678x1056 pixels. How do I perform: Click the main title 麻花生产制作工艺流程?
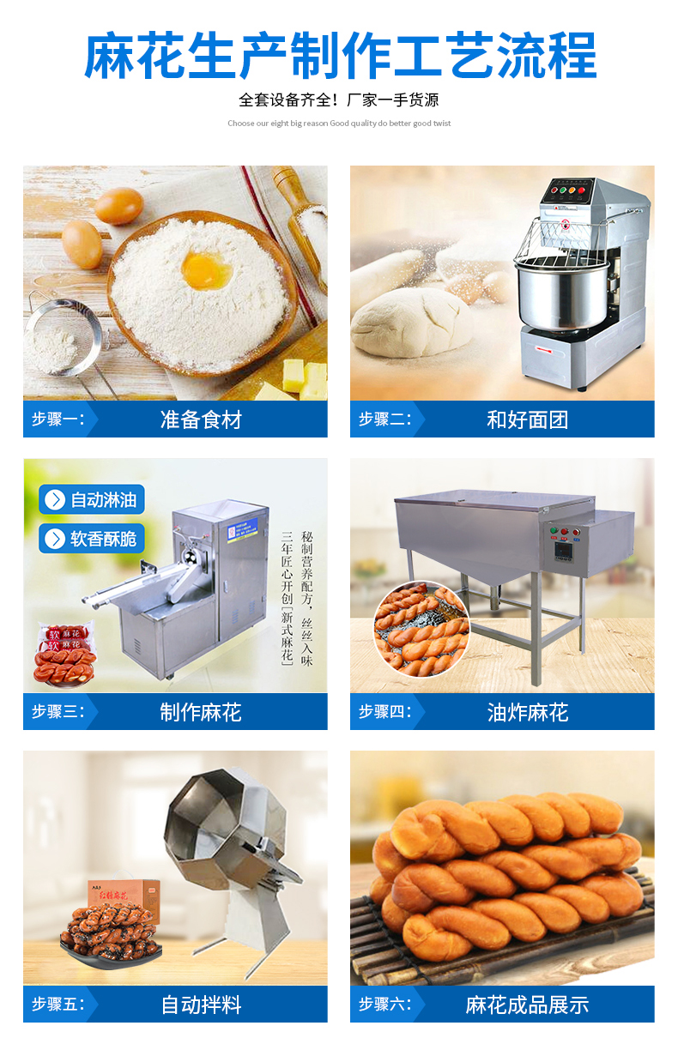(340, 56)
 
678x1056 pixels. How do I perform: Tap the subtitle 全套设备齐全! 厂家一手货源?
(339, 100)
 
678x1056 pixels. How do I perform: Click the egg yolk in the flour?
(207, 269)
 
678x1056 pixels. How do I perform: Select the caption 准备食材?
(201, 419)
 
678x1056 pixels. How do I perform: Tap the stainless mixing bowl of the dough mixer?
(561, 295)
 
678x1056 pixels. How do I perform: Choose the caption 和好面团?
(528, 419)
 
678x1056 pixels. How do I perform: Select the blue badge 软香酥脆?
(92, 539)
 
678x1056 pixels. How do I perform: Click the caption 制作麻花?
(201, 712)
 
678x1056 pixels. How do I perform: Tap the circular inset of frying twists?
(421, 630)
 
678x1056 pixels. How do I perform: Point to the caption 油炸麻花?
(528, 712)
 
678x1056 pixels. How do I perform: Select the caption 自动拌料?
(201, 1005)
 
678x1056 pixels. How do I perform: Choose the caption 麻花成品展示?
(528, 1005)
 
